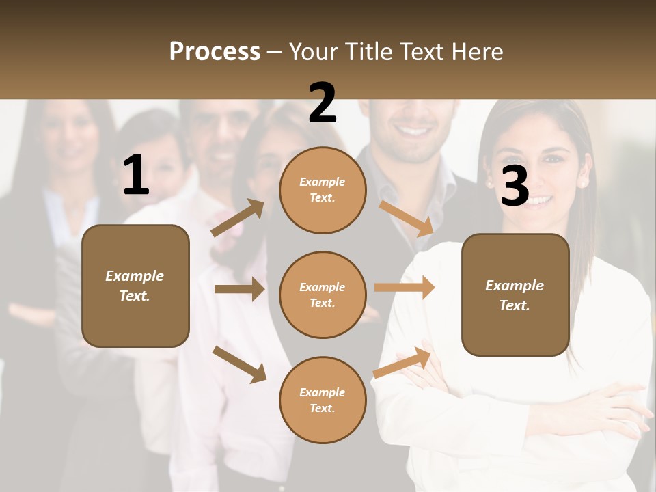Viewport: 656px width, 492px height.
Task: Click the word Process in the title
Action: tap(215, 51)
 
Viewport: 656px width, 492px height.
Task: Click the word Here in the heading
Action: tap(474, 51)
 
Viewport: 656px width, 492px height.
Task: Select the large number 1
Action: tap(136, 176)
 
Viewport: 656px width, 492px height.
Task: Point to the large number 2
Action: tap(323, 103)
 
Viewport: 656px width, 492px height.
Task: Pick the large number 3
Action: tap(515, 186)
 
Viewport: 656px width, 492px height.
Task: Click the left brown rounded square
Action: tap(135, 286)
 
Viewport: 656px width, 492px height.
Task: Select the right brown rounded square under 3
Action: tap(515, 295)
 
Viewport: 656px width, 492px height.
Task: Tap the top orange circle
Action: tap(323, 190)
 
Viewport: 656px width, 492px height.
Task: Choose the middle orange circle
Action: tap(323, 295)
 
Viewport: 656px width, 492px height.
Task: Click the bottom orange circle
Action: tap(323, 400)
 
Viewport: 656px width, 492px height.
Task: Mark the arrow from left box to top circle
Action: tap(238, 218)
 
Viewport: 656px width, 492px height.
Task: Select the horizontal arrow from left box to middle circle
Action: tap(239, 289)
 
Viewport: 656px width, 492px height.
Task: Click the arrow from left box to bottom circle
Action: tap(239, 364)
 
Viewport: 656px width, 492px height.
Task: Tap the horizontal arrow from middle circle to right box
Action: tap(405, 287)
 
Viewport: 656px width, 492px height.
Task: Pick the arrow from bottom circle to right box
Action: tap(402, 362)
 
